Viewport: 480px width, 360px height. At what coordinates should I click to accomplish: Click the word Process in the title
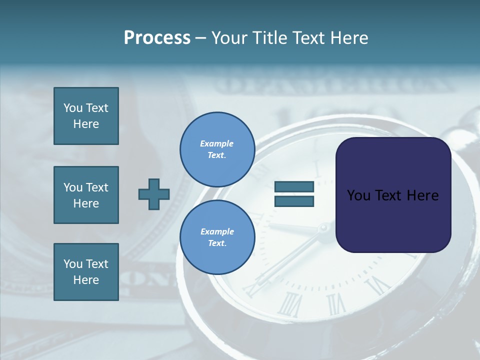(x=157, y=38)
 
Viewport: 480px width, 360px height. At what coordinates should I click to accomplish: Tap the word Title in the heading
(x=269, y=38)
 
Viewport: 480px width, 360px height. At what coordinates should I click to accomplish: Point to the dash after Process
(x=200, y=38)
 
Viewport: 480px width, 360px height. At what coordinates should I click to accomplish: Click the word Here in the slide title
(x=348, y=38)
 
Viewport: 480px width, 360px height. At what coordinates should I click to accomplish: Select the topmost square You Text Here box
(x=86, y=116)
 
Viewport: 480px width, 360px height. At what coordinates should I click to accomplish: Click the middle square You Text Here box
(x=86, y=195)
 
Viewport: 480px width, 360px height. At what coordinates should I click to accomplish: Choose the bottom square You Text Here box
(x=86, y=272)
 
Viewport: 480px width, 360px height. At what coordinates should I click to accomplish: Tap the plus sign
(x=154, y=194)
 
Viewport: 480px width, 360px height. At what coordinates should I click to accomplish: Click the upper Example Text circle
(x=217, y=149)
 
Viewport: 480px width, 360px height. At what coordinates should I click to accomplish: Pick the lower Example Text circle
(x=217, y=237)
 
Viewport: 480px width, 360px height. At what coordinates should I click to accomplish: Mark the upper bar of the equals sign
(x=294, y=187)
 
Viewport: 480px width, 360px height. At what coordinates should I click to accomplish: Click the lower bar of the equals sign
(x=294, y=201)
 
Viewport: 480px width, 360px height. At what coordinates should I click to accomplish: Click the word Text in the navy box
(x=390, y=195)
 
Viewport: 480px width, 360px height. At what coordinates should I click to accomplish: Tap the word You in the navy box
(x=358, y=195)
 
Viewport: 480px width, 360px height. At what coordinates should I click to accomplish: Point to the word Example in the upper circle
(x=217, y=143)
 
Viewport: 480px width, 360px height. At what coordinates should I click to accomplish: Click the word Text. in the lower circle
(x=217, y=243)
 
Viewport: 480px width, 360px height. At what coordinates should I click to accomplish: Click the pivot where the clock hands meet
(x=323, y=228)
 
